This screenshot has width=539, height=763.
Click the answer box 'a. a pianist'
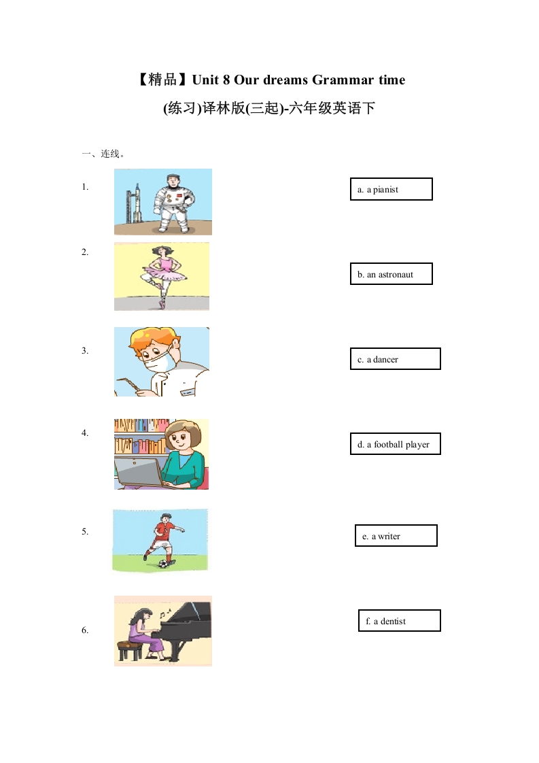click(x=391, y=189)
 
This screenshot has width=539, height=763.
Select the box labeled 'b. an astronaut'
click(x=391, y=274)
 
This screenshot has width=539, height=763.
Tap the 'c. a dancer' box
click(x=395, y=359)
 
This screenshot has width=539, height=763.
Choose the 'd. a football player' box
click(x=395, y=444)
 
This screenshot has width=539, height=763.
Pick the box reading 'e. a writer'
click(x=396, y=536)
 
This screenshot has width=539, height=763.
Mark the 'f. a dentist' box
click(x=400, y=621)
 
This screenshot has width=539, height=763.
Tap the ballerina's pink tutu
click(x=163, y=273)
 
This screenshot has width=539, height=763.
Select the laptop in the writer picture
click(x=139, y=471)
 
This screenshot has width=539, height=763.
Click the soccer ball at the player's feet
click(x=164, y=563)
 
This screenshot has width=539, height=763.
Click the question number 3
click(x=85, y=351)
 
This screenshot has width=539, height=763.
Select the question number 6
click(x=85, y=630)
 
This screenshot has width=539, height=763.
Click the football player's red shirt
click(x=163, y=530)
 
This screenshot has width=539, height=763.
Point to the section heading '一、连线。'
click(x=103, y=154)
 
